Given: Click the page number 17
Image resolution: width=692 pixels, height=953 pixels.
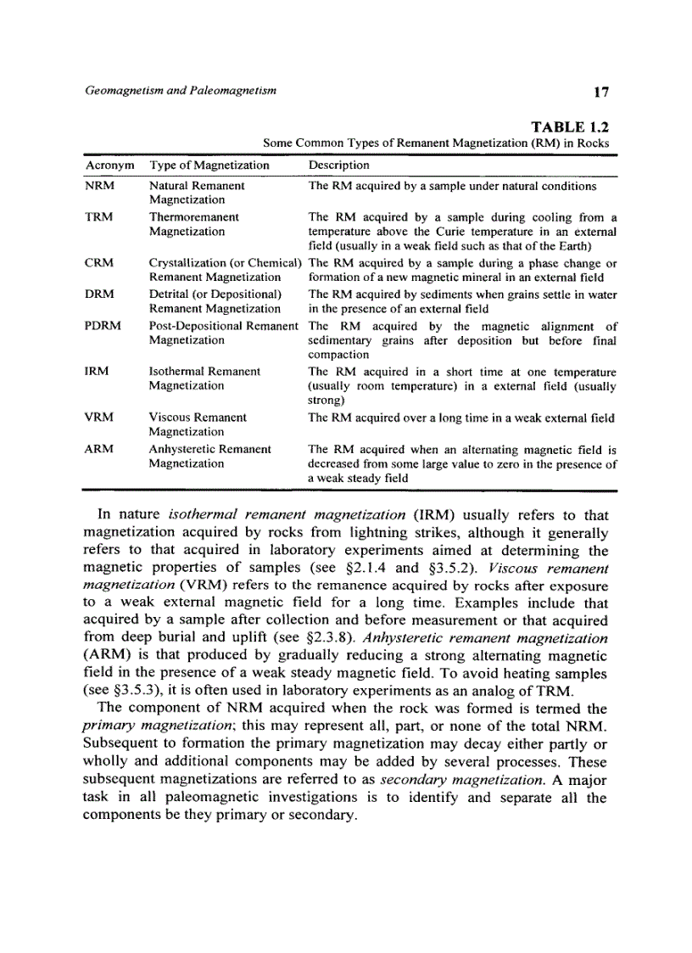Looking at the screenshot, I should [601, 92].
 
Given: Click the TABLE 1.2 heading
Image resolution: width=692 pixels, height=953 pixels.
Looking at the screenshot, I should [570, 127].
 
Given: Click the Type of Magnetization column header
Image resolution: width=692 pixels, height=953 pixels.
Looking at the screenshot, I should [209, 165].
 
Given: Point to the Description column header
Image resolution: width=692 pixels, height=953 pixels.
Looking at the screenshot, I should [338, 165].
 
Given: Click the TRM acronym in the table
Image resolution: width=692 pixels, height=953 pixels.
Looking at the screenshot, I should [99, 217].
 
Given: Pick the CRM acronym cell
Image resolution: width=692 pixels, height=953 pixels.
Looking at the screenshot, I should [99, 263].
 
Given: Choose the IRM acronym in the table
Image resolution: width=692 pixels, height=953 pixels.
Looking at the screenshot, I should [98, 372].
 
